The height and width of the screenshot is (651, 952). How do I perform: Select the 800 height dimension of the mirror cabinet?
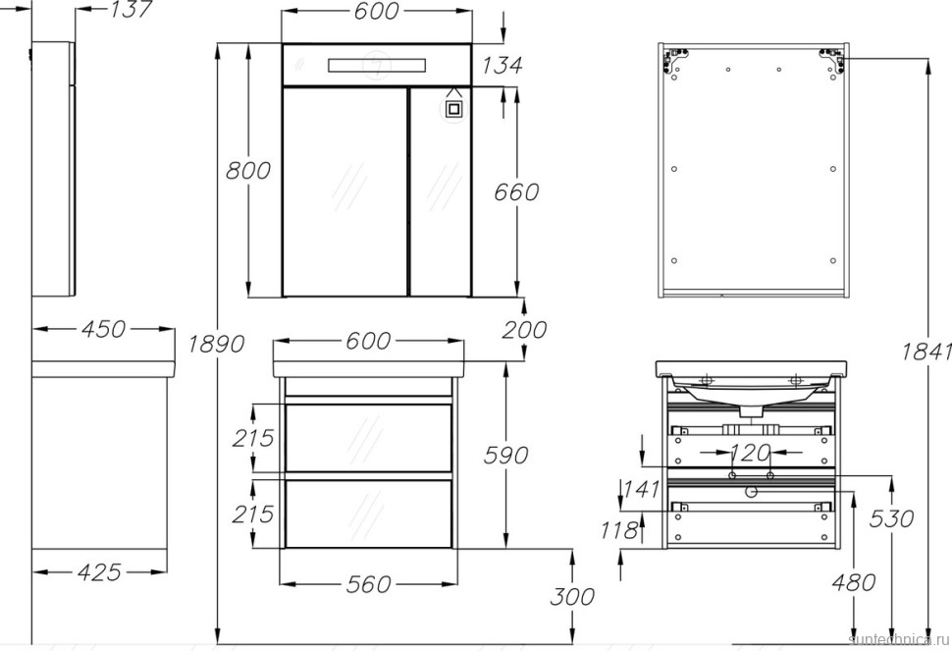(248, 170)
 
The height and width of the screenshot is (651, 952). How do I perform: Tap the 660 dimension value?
(515, 191)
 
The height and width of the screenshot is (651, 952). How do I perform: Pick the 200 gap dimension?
(524, 330)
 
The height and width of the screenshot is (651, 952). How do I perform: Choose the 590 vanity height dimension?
(505, 455)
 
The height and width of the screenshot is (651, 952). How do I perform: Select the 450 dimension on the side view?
(103, 329)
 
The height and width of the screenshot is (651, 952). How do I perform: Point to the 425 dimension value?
(98, 571)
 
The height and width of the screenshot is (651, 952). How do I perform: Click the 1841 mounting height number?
(928, 351)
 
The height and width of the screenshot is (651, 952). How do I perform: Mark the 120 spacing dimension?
(751, 453)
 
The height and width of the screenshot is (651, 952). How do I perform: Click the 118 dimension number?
(621, 530)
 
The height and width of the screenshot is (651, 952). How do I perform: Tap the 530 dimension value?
(892, 517)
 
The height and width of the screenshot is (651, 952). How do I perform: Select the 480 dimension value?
(853, 582)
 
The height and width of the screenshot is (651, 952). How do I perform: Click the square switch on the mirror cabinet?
(453, 107)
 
